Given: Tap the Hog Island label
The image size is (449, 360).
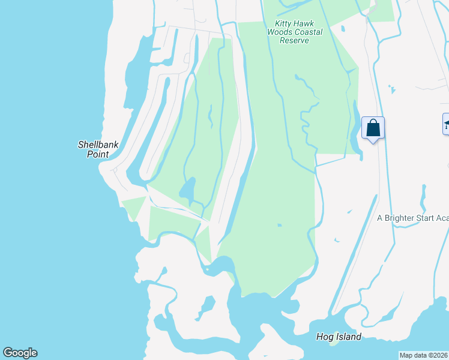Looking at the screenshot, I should tap(339, 337).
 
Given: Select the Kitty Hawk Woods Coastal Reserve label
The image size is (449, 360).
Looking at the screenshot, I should tap(294, 32).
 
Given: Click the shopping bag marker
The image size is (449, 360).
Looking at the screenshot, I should tap(373, 128).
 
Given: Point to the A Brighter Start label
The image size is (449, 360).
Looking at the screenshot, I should tap(412, 218).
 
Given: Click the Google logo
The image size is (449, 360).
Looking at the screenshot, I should tap(20, 352).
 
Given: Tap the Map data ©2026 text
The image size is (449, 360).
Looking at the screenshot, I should tap(423, 355).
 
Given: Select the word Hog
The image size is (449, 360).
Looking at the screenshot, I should tap(325, 337).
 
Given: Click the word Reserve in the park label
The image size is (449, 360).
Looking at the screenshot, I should tap(294, 40).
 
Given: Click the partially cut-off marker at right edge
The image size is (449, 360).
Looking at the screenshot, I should tap(446, 124).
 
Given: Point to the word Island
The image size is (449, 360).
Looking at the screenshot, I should tap(349, 337).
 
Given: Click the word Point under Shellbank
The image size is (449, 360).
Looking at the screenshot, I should tap(97, 154).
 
